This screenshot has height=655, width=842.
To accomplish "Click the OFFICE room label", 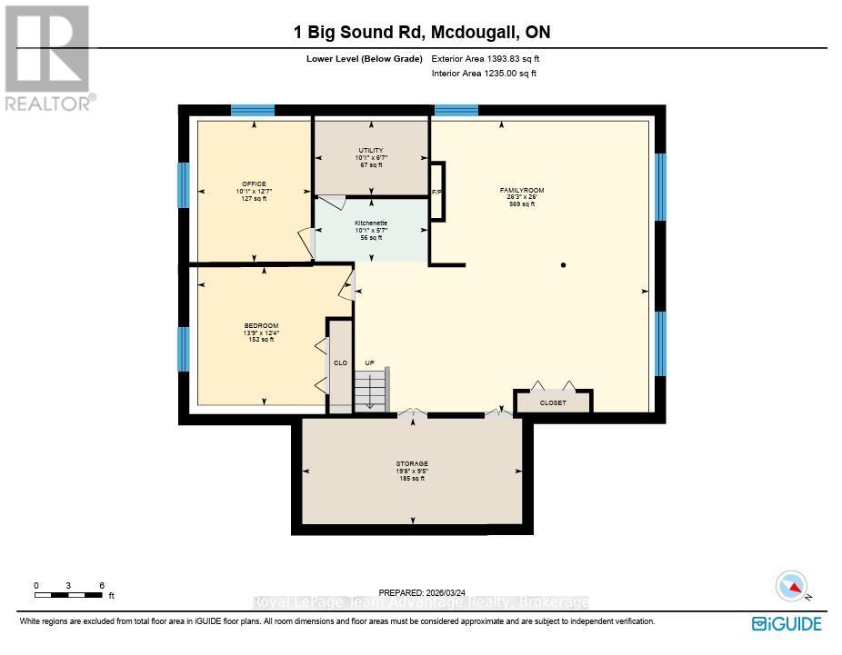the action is [254, 184].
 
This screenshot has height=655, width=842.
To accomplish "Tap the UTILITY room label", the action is [371, 150].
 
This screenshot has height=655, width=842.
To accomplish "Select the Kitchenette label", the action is [371, 223].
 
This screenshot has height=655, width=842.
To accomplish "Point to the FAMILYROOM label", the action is [522, 191].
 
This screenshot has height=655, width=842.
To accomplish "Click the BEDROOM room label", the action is [261, 325].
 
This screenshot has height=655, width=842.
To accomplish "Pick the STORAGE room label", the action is [412, 463].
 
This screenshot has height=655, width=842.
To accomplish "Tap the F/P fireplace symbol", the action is [437, 191].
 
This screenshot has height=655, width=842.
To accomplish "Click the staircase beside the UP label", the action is [370, 391].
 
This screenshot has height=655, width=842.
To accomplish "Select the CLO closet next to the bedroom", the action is [340, 366].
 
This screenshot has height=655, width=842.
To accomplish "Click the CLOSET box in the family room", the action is [553, 402].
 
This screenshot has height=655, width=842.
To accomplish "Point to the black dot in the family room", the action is [563, 265].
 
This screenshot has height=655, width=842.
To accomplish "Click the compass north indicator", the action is [792, 586].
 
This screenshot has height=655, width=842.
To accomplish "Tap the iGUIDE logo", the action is [787, 624].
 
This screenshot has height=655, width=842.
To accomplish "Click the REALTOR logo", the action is [48, 58].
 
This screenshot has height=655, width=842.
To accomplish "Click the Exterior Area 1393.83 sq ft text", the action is [486, 59].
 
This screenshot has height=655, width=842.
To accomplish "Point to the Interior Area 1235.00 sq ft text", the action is [484, 74].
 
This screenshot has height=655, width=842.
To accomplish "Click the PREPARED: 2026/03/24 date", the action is [422, 593].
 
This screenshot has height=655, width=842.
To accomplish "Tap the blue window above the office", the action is [253, 111].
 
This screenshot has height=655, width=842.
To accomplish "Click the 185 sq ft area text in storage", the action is [412, 479].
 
